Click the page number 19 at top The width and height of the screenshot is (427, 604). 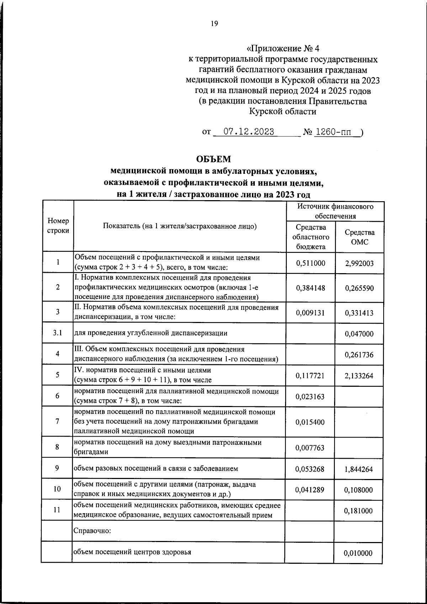[214, 24]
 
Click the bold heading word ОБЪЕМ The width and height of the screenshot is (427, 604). [213, 159]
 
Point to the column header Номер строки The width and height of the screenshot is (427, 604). [58, 226]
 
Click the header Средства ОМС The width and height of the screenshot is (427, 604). [359, 237]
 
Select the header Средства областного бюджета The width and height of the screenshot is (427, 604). [310, 237]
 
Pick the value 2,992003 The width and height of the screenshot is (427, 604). [359, 264]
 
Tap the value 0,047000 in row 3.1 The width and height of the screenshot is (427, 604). [359, 334]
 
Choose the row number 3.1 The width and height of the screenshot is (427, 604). [57, 333]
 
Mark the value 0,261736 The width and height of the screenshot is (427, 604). [359, 355]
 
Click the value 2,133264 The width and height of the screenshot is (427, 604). [359, 375]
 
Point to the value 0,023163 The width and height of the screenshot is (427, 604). [310, 396]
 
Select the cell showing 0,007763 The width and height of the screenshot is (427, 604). [310, 448]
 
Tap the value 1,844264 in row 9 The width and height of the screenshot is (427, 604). [359, 469]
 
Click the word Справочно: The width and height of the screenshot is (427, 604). [93, 531]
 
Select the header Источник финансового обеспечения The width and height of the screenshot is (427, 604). [335, 211]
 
